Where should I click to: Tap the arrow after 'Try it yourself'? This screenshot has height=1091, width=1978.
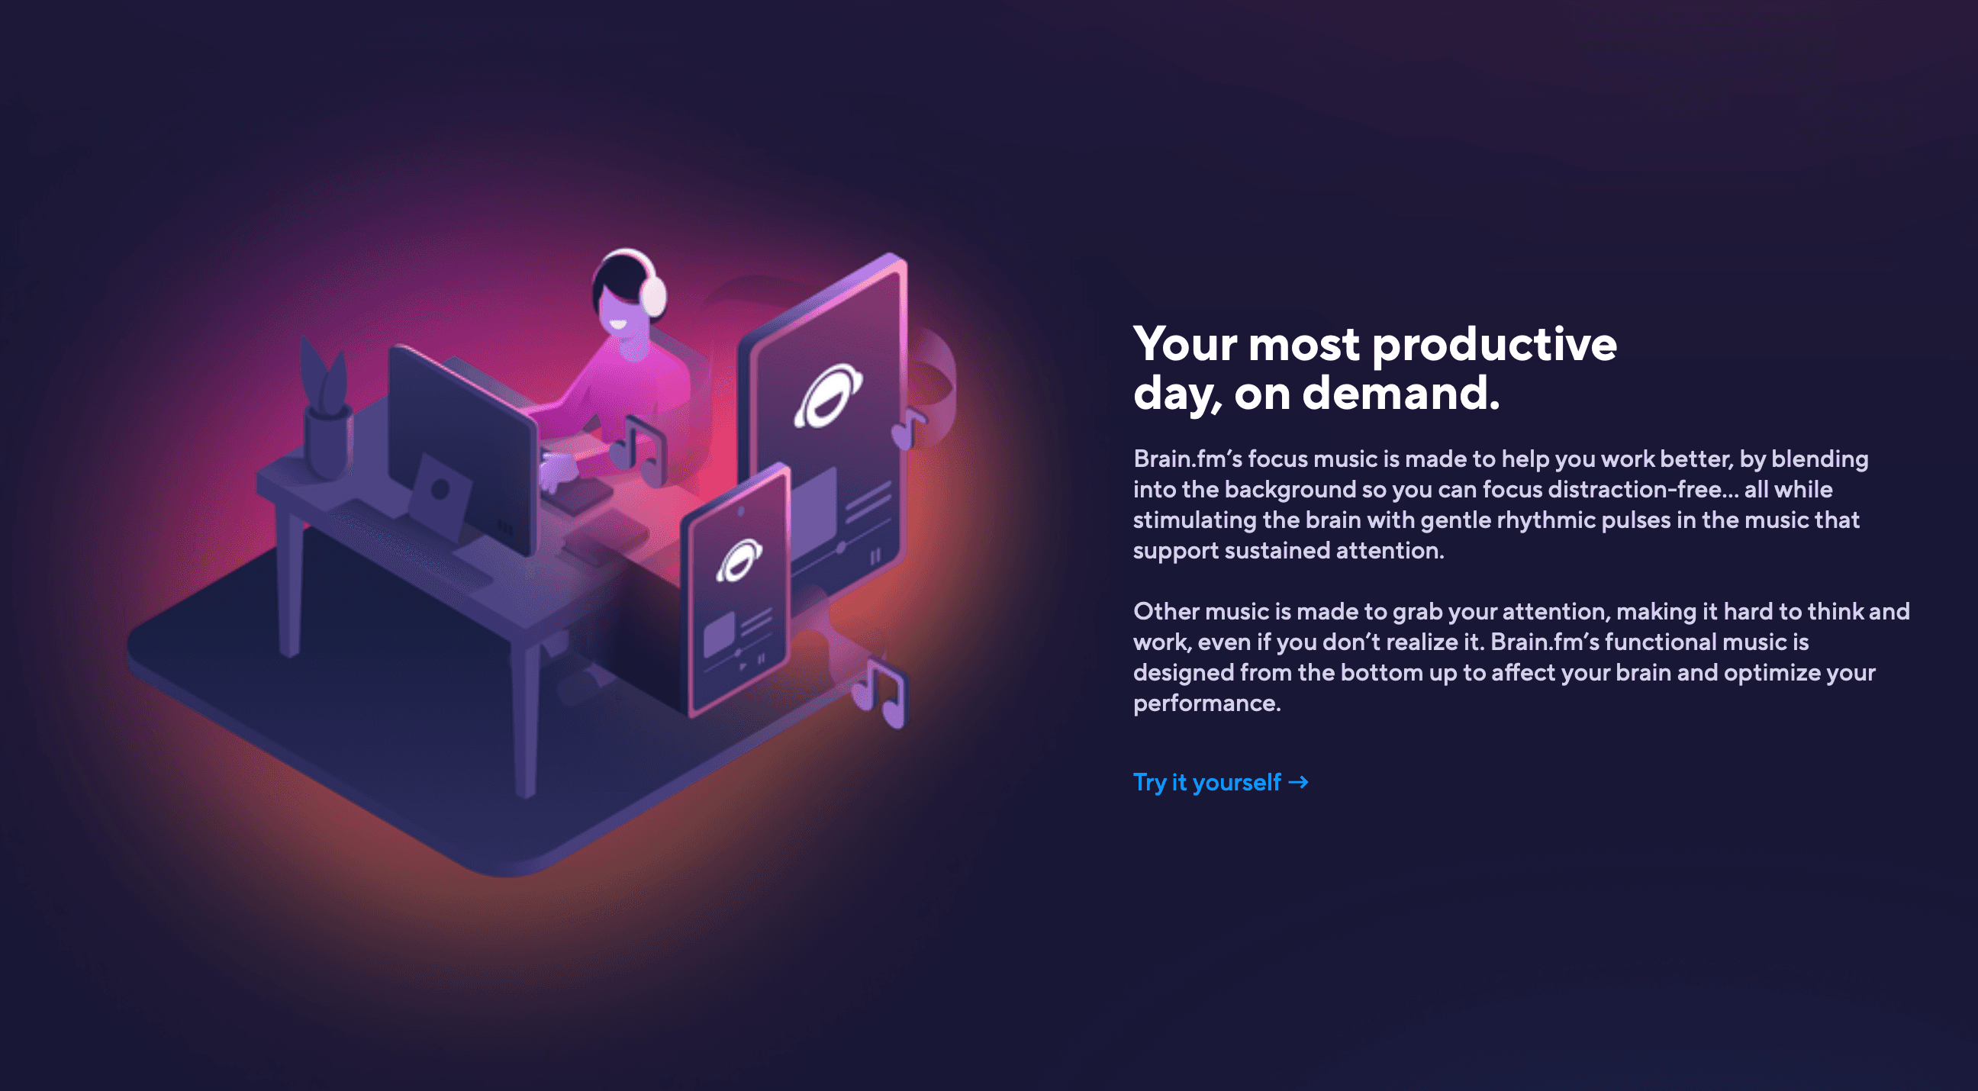[1299, 782]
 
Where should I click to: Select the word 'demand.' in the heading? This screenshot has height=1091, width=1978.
[1400, 393]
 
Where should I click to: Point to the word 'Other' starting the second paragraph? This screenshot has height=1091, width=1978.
[1165, 611]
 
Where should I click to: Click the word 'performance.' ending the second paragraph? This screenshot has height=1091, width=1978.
[1207, 703]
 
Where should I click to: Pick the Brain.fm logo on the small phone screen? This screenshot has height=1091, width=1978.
[739, 561]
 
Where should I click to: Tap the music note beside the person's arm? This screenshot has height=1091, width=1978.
[639, 452]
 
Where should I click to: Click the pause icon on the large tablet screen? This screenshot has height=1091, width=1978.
[875, 557]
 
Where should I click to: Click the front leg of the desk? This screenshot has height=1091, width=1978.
[525, 722]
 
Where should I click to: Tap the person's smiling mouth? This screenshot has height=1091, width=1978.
[617, 324]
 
